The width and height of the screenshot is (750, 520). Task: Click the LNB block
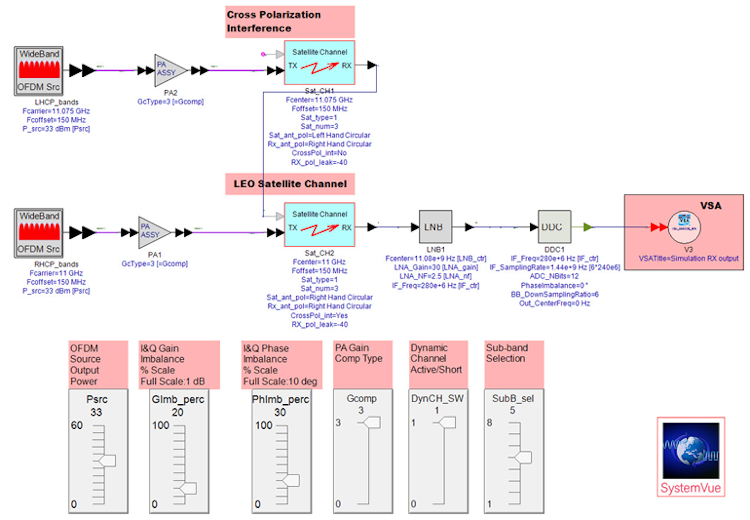(435, 227)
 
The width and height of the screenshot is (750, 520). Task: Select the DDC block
(554, 227)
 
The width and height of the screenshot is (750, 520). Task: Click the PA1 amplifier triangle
(154, 232)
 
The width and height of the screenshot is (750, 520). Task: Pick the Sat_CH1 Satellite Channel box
(319, 63)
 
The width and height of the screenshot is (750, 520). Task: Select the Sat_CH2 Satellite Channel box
(319, 225)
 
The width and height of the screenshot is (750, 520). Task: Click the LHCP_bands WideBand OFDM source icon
(39, 71)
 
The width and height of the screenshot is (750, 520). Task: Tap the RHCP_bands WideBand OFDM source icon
(39, 233)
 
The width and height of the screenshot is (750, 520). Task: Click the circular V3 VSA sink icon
(684, 227)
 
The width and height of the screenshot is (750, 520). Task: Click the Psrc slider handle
(107, 461)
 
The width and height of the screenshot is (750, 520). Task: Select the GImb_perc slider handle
(188, 488)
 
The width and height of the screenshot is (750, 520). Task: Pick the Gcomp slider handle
(372, 422)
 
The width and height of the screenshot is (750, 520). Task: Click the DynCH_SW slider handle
(447, 422)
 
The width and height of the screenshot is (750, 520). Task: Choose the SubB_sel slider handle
(523, 457)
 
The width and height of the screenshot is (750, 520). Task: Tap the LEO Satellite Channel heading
(290, 184)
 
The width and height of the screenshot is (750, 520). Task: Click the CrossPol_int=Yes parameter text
(319, 316)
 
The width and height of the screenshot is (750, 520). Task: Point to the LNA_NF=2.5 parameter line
(435, 276)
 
